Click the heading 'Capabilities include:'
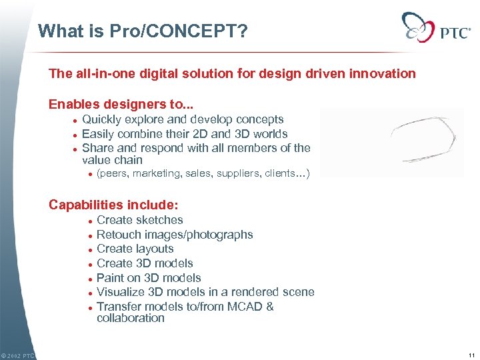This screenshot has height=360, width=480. click(113, 205)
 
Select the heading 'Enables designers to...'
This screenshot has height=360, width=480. click(110, 104)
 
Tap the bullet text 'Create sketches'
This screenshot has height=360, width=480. click(139, 220)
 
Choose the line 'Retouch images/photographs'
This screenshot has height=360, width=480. click(175, 235)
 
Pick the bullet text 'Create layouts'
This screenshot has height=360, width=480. click(135, 249)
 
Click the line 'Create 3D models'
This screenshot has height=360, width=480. click(145, 263)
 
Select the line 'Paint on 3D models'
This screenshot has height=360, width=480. click(149, 278)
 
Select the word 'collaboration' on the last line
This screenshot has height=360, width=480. click(130, 318)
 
